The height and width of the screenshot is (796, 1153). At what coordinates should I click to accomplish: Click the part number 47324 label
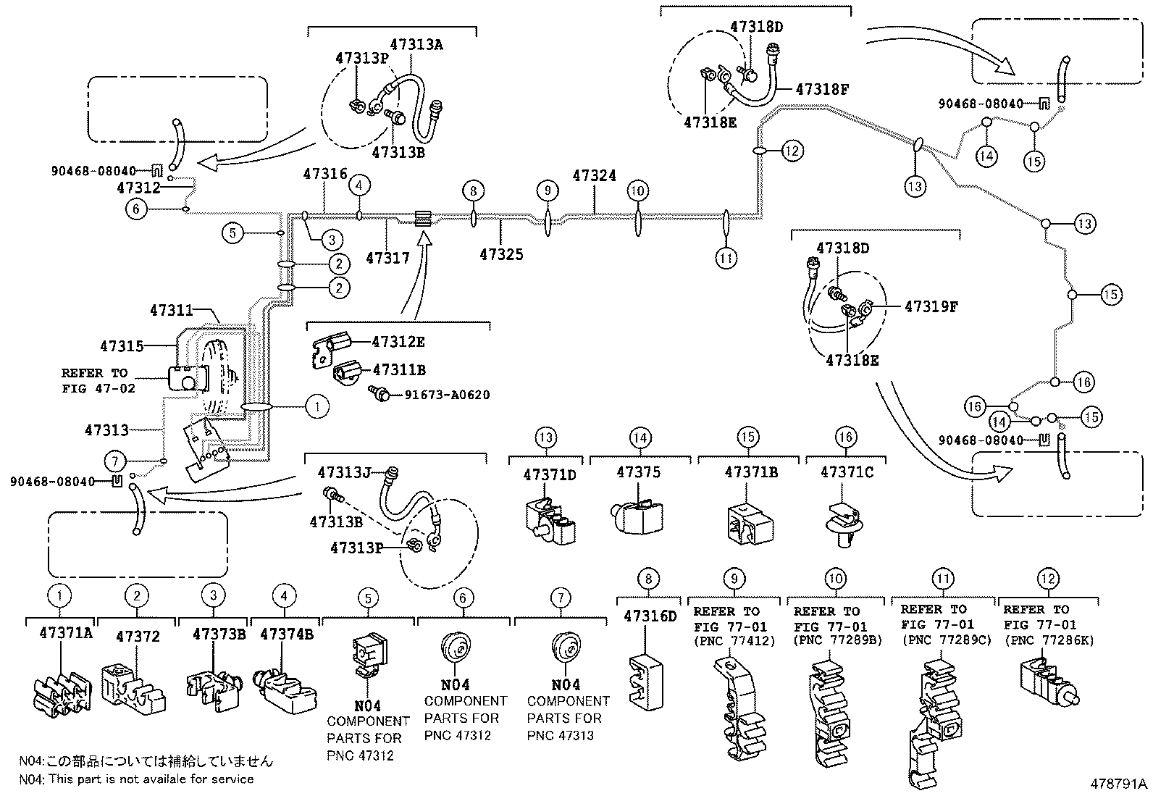tap(594, 176)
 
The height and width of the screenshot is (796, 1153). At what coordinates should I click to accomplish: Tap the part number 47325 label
tap(501, 254)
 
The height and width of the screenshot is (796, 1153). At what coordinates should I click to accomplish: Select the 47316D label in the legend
tap(650, 616)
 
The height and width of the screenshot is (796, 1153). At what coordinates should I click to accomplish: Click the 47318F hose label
tap(821, 90)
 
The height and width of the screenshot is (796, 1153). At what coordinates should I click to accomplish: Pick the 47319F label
tap(931, 307)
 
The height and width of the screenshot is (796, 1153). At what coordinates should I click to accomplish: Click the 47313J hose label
tap(344, 473)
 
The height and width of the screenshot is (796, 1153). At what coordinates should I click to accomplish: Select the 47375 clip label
tap(638, 472)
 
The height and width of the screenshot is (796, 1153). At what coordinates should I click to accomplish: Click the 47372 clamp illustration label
tap(138, 637)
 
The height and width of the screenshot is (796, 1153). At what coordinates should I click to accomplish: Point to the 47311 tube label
tap(172, 311)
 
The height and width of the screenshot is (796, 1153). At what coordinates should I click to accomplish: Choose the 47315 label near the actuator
tap(122, 347)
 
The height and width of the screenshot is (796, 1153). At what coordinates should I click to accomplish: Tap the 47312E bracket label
tap(398, 342)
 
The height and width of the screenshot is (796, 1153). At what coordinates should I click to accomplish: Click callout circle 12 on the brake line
tap(792, 151)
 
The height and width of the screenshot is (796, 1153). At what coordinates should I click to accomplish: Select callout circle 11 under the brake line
tap(726, 257)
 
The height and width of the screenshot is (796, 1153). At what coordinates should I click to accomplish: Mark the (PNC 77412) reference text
tap(734, 641)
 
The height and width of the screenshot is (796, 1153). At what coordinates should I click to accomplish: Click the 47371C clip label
tap(846, 472)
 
